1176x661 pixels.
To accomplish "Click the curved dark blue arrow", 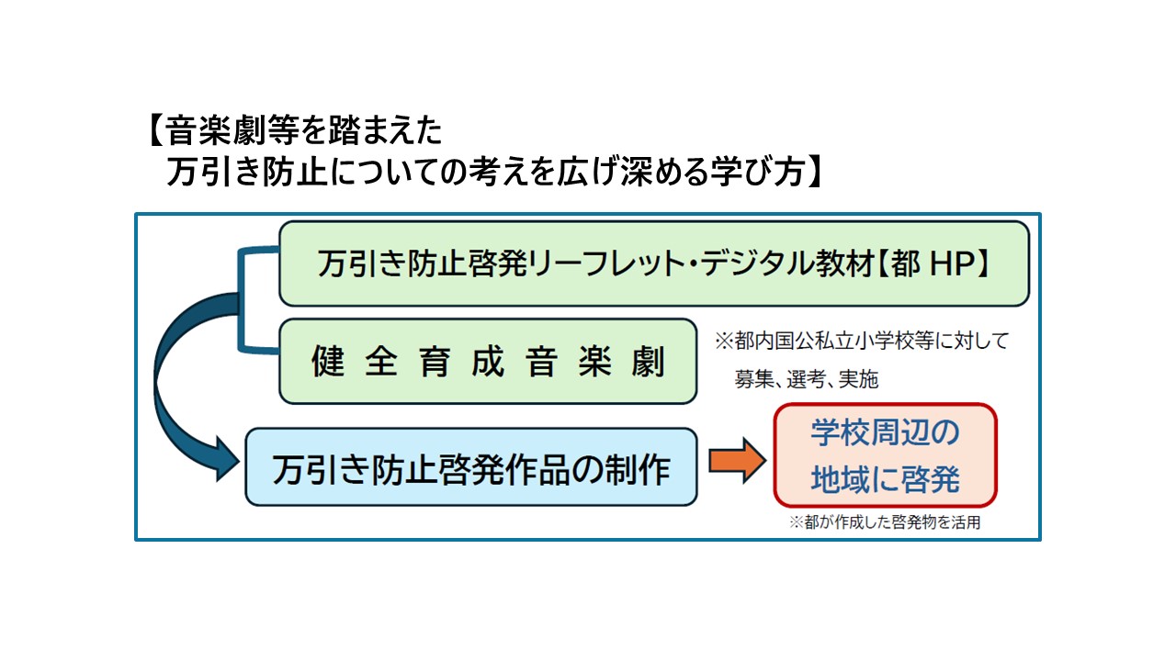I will [175, 386].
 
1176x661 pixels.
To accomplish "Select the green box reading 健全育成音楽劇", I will [487, 361].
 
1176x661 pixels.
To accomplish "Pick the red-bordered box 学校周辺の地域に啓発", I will [885, 454].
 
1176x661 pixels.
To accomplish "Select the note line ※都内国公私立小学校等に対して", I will [862, 341].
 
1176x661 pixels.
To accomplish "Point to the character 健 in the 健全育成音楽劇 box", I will [328, 362].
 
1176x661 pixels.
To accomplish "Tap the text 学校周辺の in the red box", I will [885, 434].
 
